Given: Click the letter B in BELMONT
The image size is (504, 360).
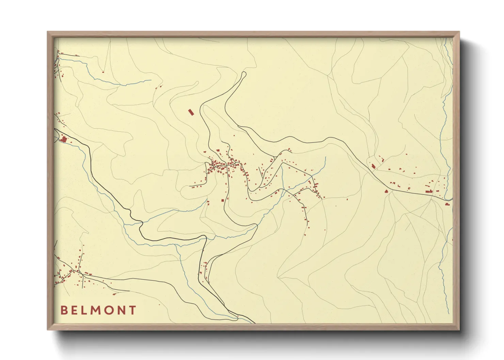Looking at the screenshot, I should pos(64,310).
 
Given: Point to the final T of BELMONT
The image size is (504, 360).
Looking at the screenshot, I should pos(132,310).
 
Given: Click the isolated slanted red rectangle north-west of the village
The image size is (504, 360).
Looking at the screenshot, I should pos(191,112).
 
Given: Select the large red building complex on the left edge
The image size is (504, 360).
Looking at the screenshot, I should pos(64,139).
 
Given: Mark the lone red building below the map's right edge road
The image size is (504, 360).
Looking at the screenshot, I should pos(446,204).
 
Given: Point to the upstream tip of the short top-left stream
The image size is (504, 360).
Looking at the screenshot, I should pos(151,80).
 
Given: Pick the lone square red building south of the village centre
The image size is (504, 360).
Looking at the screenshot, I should pos(223,200).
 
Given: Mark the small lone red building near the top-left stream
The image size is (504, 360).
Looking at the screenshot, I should pos(103,72).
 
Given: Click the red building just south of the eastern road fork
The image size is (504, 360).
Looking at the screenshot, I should pos(386,191).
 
